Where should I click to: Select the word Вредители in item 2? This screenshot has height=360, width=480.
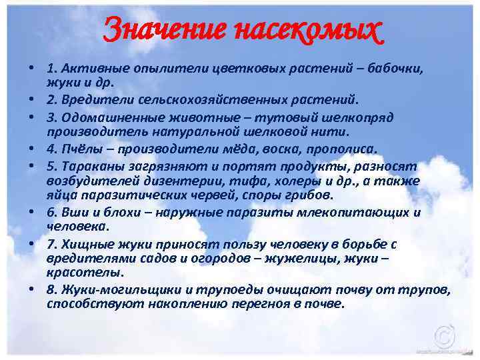click(x=91, y=99)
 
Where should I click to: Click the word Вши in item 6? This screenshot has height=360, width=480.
click(x=70, y=213)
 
